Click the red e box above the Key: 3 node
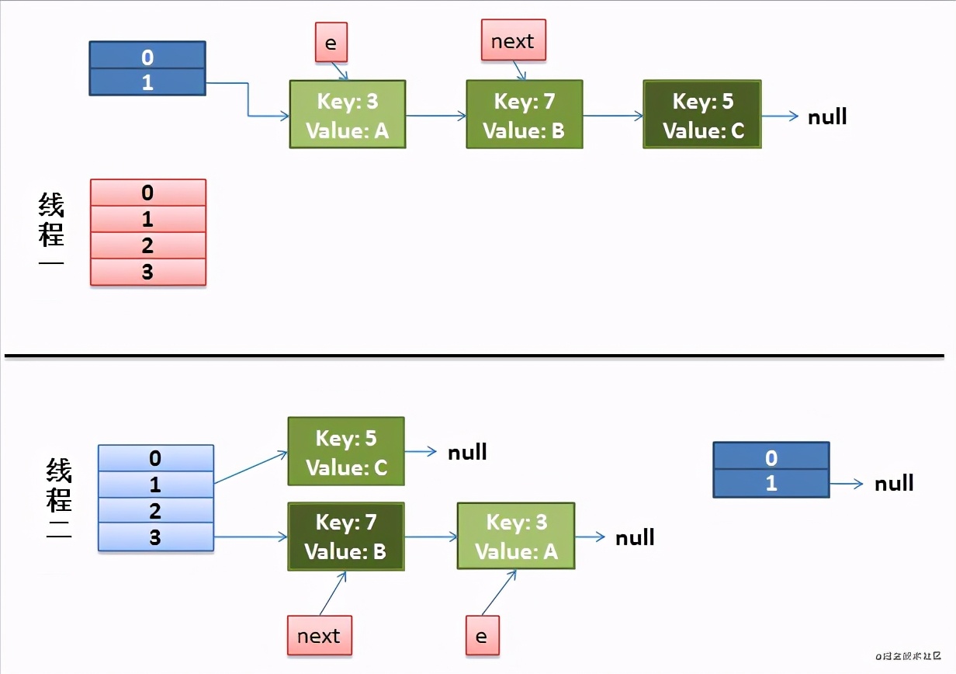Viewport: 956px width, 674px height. pos(331,42)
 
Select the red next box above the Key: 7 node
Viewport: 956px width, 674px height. pos(513,40)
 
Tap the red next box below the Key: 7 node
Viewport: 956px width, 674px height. pos(319,636)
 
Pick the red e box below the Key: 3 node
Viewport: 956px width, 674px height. pos(482,636)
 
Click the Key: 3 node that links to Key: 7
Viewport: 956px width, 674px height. pos(348,114)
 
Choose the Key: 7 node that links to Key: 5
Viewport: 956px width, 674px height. pos(524,114)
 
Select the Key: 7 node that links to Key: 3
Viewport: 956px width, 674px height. pos(345,537)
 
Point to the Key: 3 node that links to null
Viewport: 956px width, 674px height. pos(516,537)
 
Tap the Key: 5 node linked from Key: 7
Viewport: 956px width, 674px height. pos(702,114)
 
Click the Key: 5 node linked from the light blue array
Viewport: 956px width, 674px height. pos(346,452)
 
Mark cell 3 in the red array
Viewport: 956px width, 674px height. pos(148,273)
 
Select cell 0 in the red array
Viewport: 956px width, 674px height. pos(148,193)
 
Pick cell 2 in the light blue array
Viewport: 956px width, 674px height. pos(155,510)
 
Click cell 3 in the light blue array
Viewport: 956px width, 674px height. pos(155,537)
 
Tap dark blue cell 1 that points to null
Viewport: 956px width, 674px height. pos(771,483)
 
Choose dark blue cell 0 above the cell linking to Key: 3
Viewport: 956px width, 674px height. pos(147,56)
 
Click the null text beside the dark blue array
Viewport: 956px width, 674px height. pos(894,484)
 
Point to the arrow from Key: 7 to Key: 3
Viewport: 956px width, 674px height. pos(431,537)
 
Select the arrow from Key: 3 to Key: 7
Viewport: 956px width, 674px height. pos(435,116)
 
